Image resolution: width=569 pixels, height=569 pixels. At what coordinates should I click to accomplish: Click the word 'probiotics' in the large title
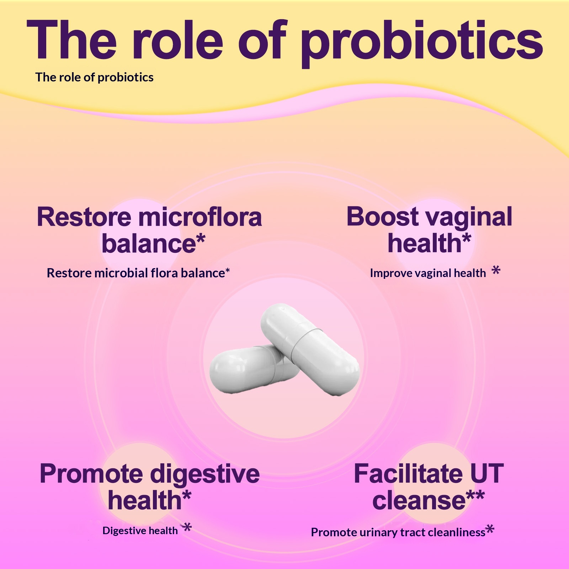coord(422,43)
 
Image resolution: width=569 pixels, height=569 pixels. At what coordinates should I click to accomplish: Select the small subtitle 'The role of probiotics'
coord(94,78)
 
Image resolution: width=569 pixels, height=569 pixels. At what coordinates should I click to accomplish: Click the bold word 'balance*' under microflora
coord(153,244)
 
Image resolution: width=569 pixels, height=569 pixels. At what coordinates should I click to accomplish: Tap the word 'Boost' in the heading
coord(382,217)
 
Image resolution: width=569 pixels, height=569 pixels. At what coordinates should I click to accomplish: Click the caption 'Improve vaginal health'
coord(428,273)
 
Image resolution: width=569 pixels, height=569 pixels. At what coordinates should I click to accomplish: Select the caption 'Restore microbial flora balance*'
coord(138,273)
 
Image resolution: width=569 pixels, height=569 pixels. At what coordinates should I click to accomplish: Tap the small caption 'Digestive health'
coord(140,531)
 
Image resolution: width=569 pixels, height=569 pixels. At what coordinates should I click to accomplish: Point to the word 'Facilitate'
coord(408,474)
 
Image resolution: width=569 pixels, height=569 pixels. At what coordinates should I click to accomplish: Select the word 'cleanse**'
coord(429,501)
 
